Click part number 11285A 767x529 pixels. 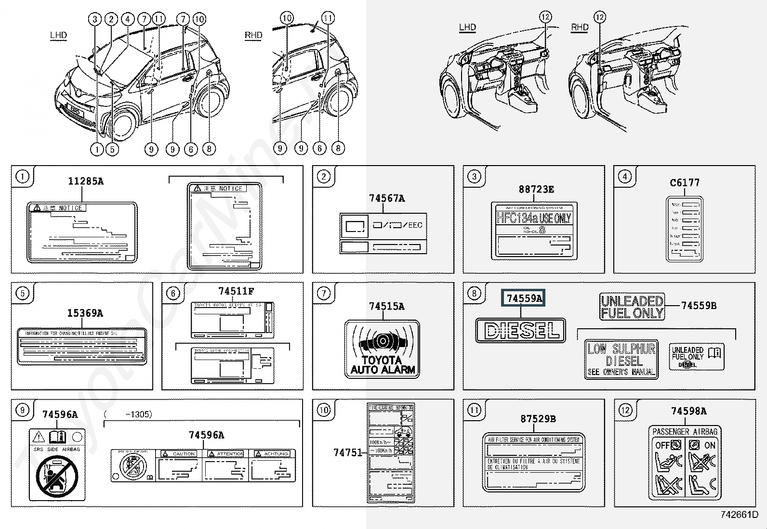click(x=86, y=181)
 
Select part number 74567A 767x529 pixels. click(x=387, y=198)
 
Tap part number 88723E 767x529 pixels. click(x=536, y=190)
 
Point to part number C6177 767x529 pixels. click(x=685, y=183)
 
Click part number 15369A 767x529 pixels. click(x=85, y=313)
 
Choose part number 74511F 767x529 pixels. click(x=236, y=291)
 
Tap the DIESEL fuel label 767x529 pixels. click(x=520, y=330)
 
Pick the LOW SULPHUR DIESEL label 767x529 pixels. click(x=622, y=359)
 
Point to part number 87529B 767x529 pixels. click(x=538, y=419)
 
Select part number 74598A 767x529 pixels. click(x=688, y=411)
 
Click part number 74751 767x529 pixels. click(x=347, y=452)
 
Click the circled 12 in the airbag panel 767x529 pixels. click(x=625, y=410)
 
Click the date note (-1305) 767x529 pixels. click(x=128, y=414)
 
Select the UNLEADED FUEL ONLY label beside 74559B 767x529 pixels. click(x=632, y=307)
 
